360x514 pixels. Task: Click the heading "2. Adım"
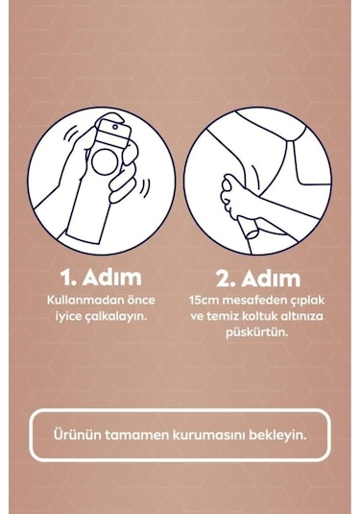coord(257,278)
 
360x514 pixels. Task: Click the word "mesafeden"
coord(252,300)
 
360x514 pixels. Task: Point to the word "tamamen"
coord(134,434)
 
